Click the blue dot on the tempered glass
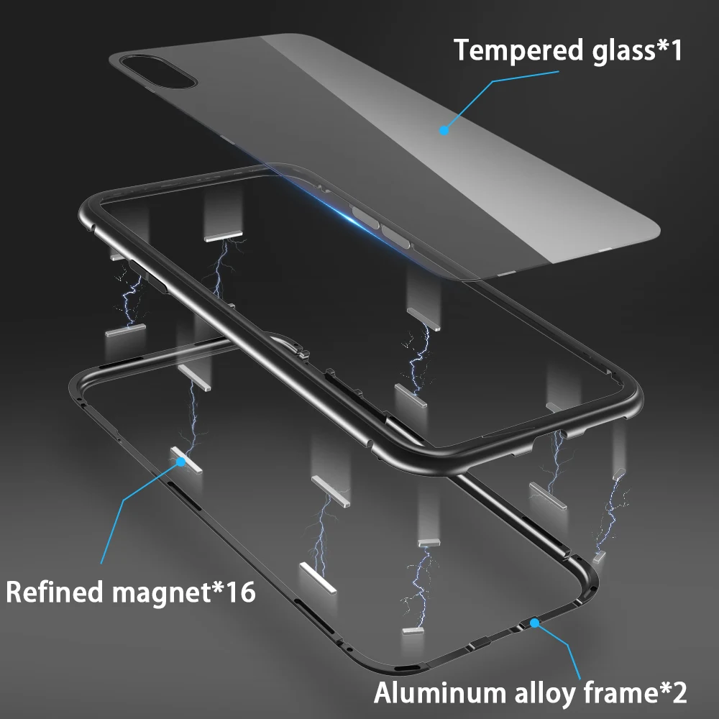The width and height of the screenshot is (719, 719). tap(444, 130)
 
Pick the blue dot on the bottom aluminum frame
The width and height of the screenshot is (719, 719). tap(535, 623)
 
